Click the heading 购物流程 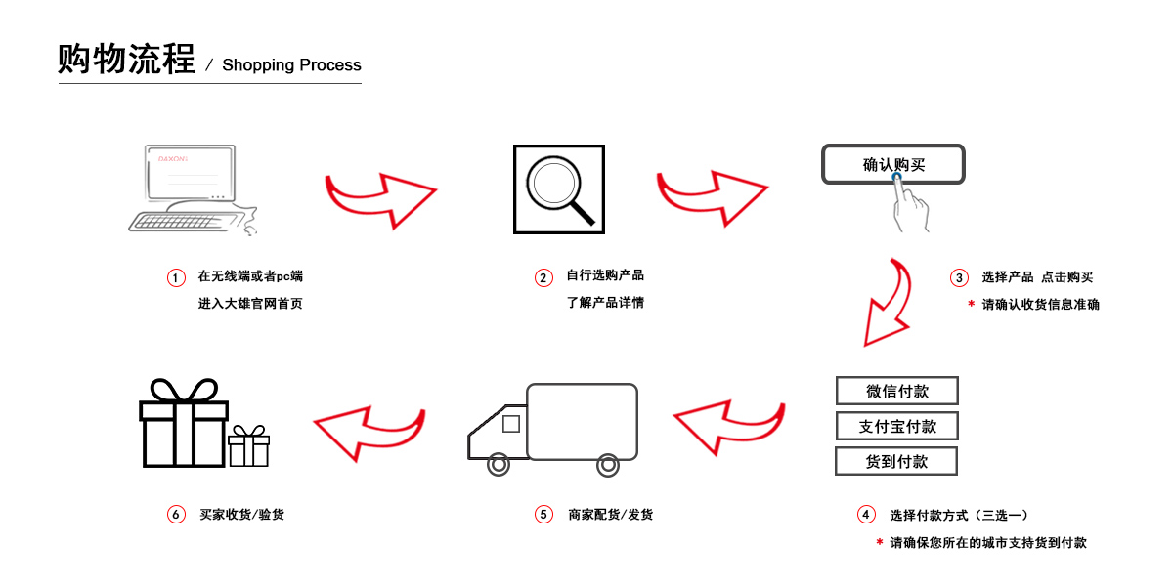126,60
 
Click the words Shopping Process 291,65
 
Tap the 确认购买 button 892,164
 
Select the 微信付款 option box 896,391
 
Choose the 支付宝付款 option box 896,426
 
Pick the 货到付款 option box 896,461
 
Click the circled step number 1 176,278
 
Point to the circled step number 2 543,278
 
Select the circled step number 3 959,278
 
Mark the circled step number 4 865,515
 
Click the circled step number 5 543,515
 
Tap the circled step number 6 176,515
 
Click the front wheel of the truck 499,465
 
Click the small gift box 248,446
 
